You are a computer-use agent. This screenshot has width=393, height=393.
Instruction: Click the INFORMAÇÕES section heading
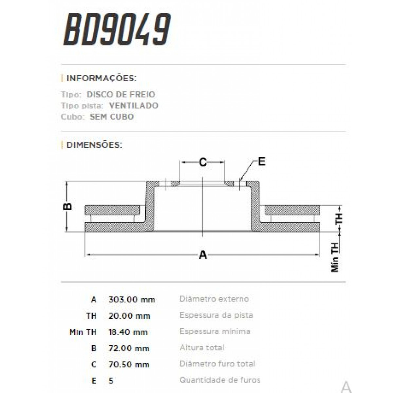(x=101, y=78)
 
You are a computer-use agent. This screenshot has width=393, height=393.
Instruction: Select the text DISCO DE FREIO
(x=121, y=95)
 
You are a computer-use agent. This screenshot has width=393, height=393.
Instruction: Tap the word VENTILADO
(x=133, y=106)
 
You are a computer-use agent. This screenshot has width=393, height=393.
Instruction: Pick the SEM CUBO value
(x=112, y=117)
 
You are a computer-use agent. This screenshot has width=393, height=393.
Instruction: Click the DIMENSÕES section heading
(x=94, y=145)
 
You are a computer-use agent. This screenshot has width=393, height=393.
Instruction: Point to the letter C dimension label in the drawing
(x=203, y=162)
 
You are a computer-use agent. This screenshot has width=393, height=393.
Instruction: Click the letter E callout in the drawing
(x=261, y=161)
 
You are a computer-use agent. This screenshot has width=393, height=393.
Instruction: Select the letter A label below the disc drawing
(x=203, y=254)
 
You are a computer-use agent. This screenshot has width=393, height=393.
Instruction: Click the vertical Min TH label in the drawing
(x=335, y=257)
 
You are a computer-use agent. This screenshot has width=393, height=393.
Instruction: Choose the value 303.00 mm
(x=132, y=300)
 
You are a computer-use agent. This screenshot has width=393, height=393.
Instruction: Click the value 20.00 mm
(x=129, y=316)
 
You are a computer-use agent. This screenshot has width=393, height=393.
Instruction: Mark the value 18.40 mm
(x=128, y=332)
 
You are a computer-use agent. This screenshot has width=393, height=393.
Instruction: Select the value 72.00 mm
(x=129, y=348)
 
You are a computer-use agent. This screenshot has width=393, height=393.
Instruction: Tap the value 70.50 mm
(x=129, y=365)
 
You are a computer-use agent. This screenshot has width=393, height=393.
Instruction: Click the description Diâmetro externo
(x=214, y=299)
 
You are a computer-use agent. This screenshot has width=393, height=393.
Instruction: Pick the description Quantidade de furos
(x=220, y=380)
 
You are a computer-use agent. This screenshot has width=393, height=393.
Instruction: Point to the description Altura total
(x=202, y=347)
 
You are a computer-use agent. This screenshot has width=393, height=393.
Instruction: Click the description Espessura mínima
(x=215, y=331)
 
